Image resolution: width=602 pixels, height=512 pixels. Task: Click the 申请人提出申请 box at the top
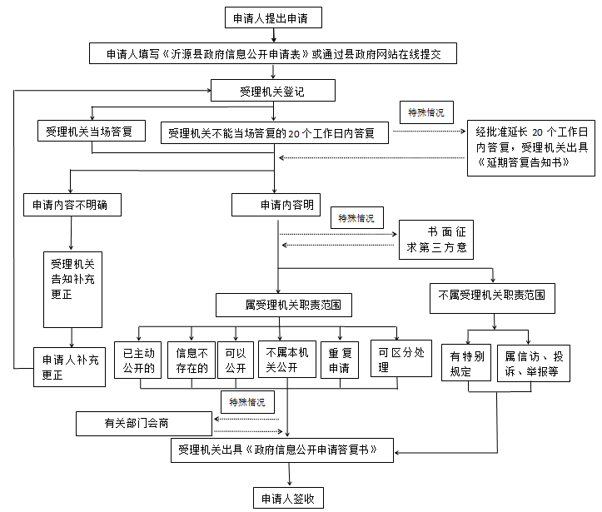272,18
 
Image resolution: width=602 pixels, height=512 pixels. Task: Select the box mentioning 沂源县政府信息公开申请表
273,54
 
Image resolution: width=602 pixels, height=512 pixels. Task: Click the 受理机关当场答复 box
91,132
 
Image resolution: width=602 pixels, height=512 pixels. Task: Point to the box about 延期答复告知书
530,147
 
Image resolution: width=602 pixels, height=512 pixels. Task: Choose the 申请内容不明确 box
70,205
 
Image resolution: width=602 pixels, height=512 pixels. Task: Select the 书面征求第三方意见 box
435,239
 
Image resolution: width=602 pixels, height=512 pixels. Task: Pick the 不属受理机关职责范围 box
492,295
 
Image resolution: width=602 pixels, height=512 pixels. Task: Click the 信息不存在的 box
192,360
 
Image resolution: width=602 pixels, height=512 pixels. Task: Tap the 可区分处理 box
396,360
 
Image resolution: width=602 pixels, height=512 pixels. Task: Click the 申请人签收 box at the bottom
288,499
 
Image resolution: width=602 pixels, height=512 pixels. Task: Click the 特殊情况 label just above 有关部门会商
247,402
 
